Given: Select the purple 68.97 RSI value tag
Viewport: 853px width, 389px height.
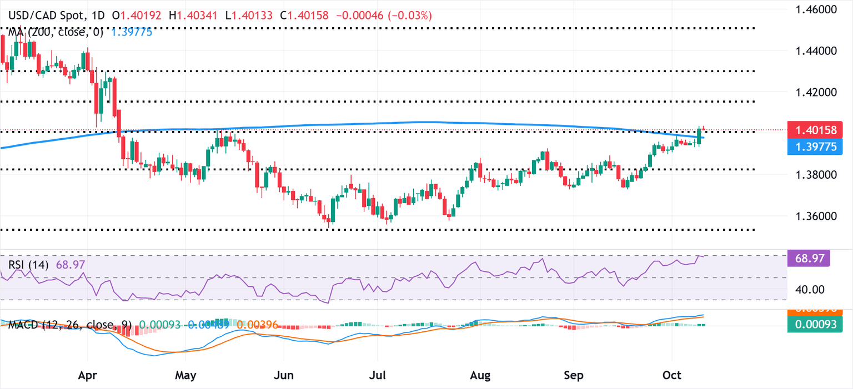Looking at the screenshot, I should pos(809,258).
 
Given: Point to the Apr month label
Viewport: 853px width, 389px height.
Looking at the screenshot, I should pos(88,376).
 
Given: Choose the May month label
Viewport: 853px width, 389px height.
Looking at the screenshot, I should pos(185,376).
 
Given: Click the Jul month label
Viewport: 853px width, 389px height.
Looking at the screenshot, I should pos(377,376).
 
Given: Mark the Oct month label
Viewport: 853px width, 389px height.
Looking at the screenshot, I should pos(671,376).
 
